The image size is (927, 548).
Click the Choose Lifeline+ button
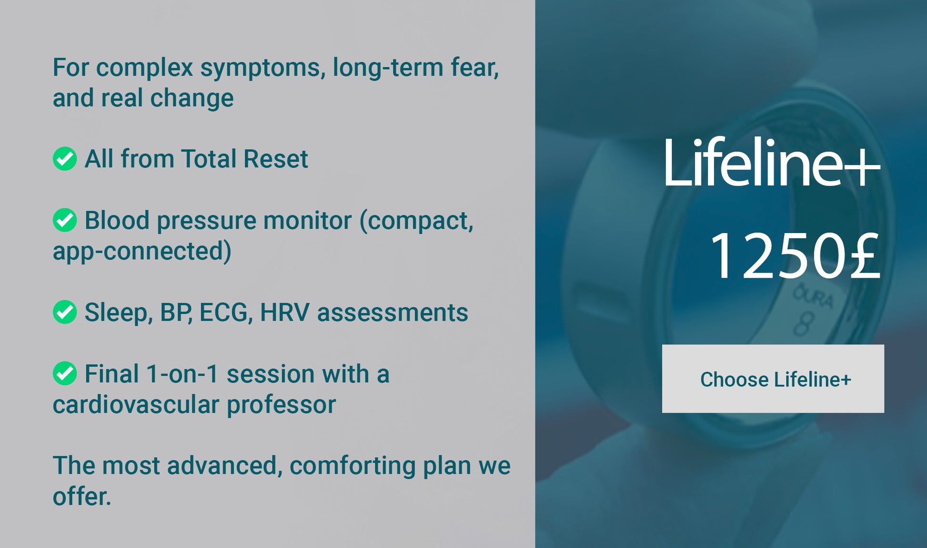pyautogui.click(x=773, y=379)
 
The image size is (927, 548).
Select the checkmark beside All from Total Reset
pyautogui.click(x=65, y=159)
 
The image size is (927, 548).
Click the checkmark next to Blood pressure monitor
pyautogui.click(x=65, y=220)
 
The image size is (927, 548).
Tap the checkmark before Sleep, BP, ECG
pyautogui.click(x=65, y=312)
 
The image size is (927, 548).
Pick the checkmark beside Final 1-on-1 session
pyautogui.click(x=65, y=373)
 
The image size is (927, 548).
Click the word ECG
pyautogui.click(x=226, y=313)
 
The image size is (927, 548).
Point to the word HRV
pyautogui.click(x=284, y=313)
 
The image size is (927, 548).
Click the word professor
pyautogui.click(x=281, y=405)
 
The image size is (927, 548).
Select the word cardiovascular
pyautogui.click(x=136, y=404)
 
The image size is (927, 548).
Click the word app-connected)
pyautogui.click(x=142, y=251)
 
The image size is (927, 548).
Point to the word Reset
pyautogui.click(x=276, y=159)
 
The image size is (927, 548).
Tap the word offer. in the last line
pyautogui.click(x=81, y=496)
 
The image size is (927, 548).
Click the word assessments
pyautogui.click(x=393, y=313)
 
